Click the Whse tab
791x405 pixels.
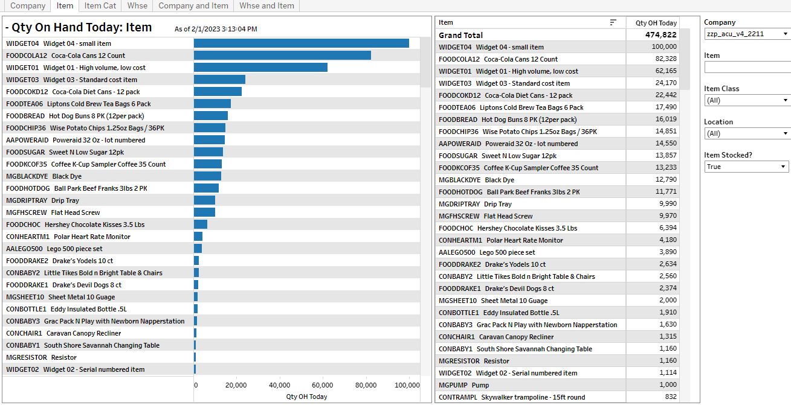pos(137,5)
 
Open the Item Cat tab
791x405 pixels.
pos(100,5)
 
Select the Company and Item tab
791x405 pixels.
pos(193,5)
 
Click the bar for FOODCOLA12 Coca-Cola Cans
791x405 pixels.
pos(282,56)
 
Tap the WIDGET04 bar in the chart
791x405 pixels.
pos(301,43)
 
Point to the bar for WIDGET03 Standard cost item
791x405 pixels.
pos(219,80)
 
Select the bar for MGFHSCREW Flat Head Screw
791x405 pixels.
pos(204,212)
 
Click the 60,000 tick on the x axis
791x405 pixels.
pos(323,385)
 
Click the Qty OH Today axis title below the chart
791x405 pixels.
pos(306,397)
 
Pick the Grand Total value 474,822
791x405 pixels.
pos(661,35)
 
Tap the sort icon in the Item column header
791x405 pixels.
pos(613,22)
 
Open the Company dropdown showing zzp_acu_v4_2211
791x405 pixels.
pos(747,34)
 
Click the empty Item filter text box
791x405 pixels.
pos(747,67)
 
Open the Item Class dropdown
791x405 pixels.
pos(747,100)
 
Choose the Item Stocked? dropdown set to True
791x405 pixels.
pos(747,167)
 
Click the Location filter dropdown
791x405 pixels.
pos(747,133)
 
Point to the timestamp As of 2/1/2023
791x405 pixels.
pos(216,29)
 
